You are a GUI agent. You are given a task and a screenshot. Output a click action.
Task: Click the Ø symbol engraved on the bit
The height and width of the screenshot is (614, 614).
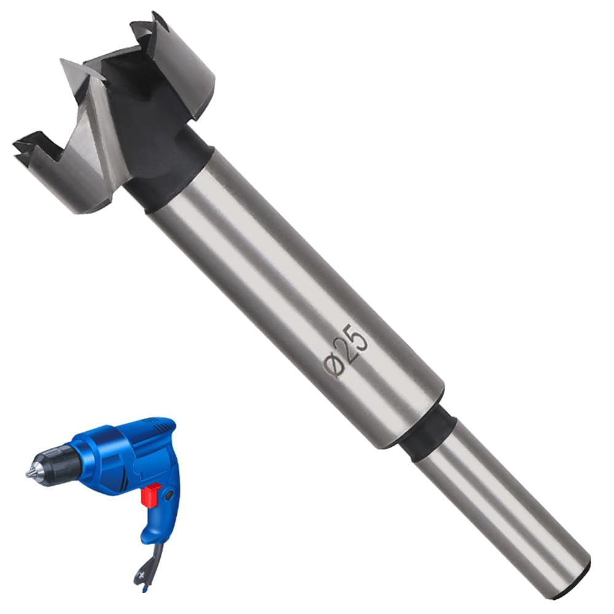(x=332, y=365)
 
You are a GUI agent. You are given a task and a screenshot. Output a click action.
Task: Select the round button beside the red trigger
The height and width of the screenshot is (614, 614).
(x=169, y=496)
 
